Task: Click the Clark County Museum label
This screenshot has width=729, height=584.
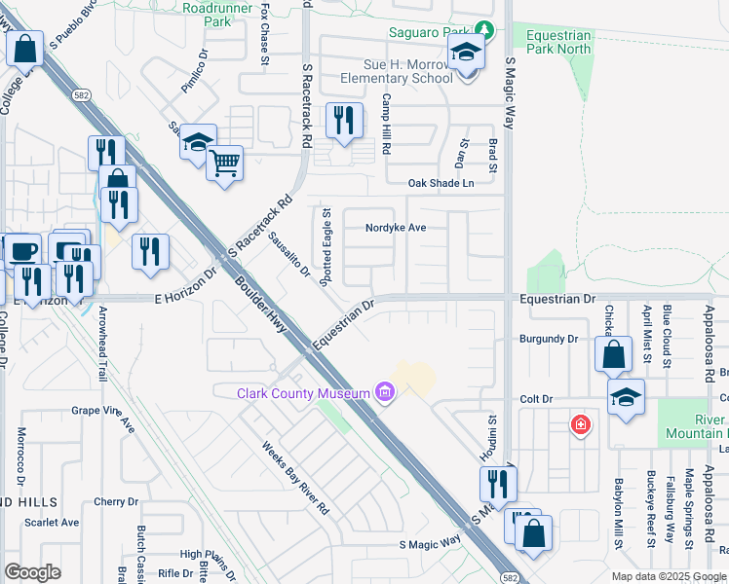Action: [303, 392]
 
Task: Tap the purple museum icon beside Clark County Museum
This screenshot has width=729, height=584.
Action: [384, 392]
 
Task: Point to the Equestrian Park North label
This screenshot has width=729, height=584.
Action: [558, 41]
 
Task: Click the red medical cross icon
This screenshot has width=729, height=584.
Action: [581, 424]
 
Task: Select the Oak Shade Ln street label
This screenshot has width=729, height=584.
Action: [441, 182]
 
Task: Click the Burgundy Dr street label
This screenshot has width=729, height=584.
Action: [549, 339]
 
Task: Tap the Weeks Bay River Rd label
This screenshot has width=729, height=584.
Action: [296, 477]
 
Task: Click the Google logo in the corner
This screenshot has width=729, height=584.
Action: [32, 572]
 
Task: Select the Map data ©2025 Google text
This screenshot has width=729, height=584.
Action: [669, 575]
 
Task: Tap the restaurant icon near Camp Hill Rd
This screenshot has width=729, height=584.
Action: [344, 121]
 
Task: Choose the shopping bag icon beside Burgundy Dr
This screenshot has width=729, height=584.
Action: [614, 355]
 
